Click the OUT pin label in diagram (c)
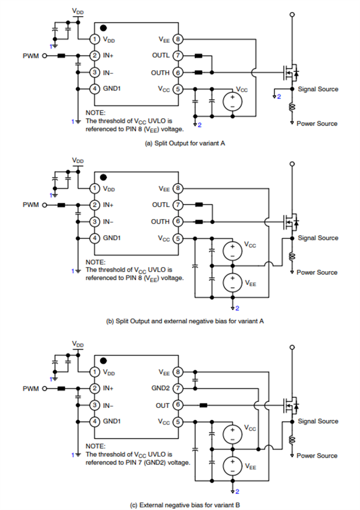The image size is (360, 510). point(163,405)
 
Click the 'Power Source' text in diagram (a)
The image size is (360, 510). point(317,124)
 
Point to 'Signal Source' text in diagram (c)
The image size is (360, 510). point(318,421)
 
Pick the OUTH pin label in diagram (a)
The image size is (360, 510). point(160,73)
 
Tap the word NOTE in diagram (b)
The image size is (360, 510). point(95,262)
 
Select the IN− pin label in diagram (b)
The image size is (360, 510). point(110,221)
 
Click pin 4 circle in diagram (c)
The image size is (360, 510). point(94,421)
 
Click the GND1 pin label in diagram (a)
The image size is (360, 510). point(113,89)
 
